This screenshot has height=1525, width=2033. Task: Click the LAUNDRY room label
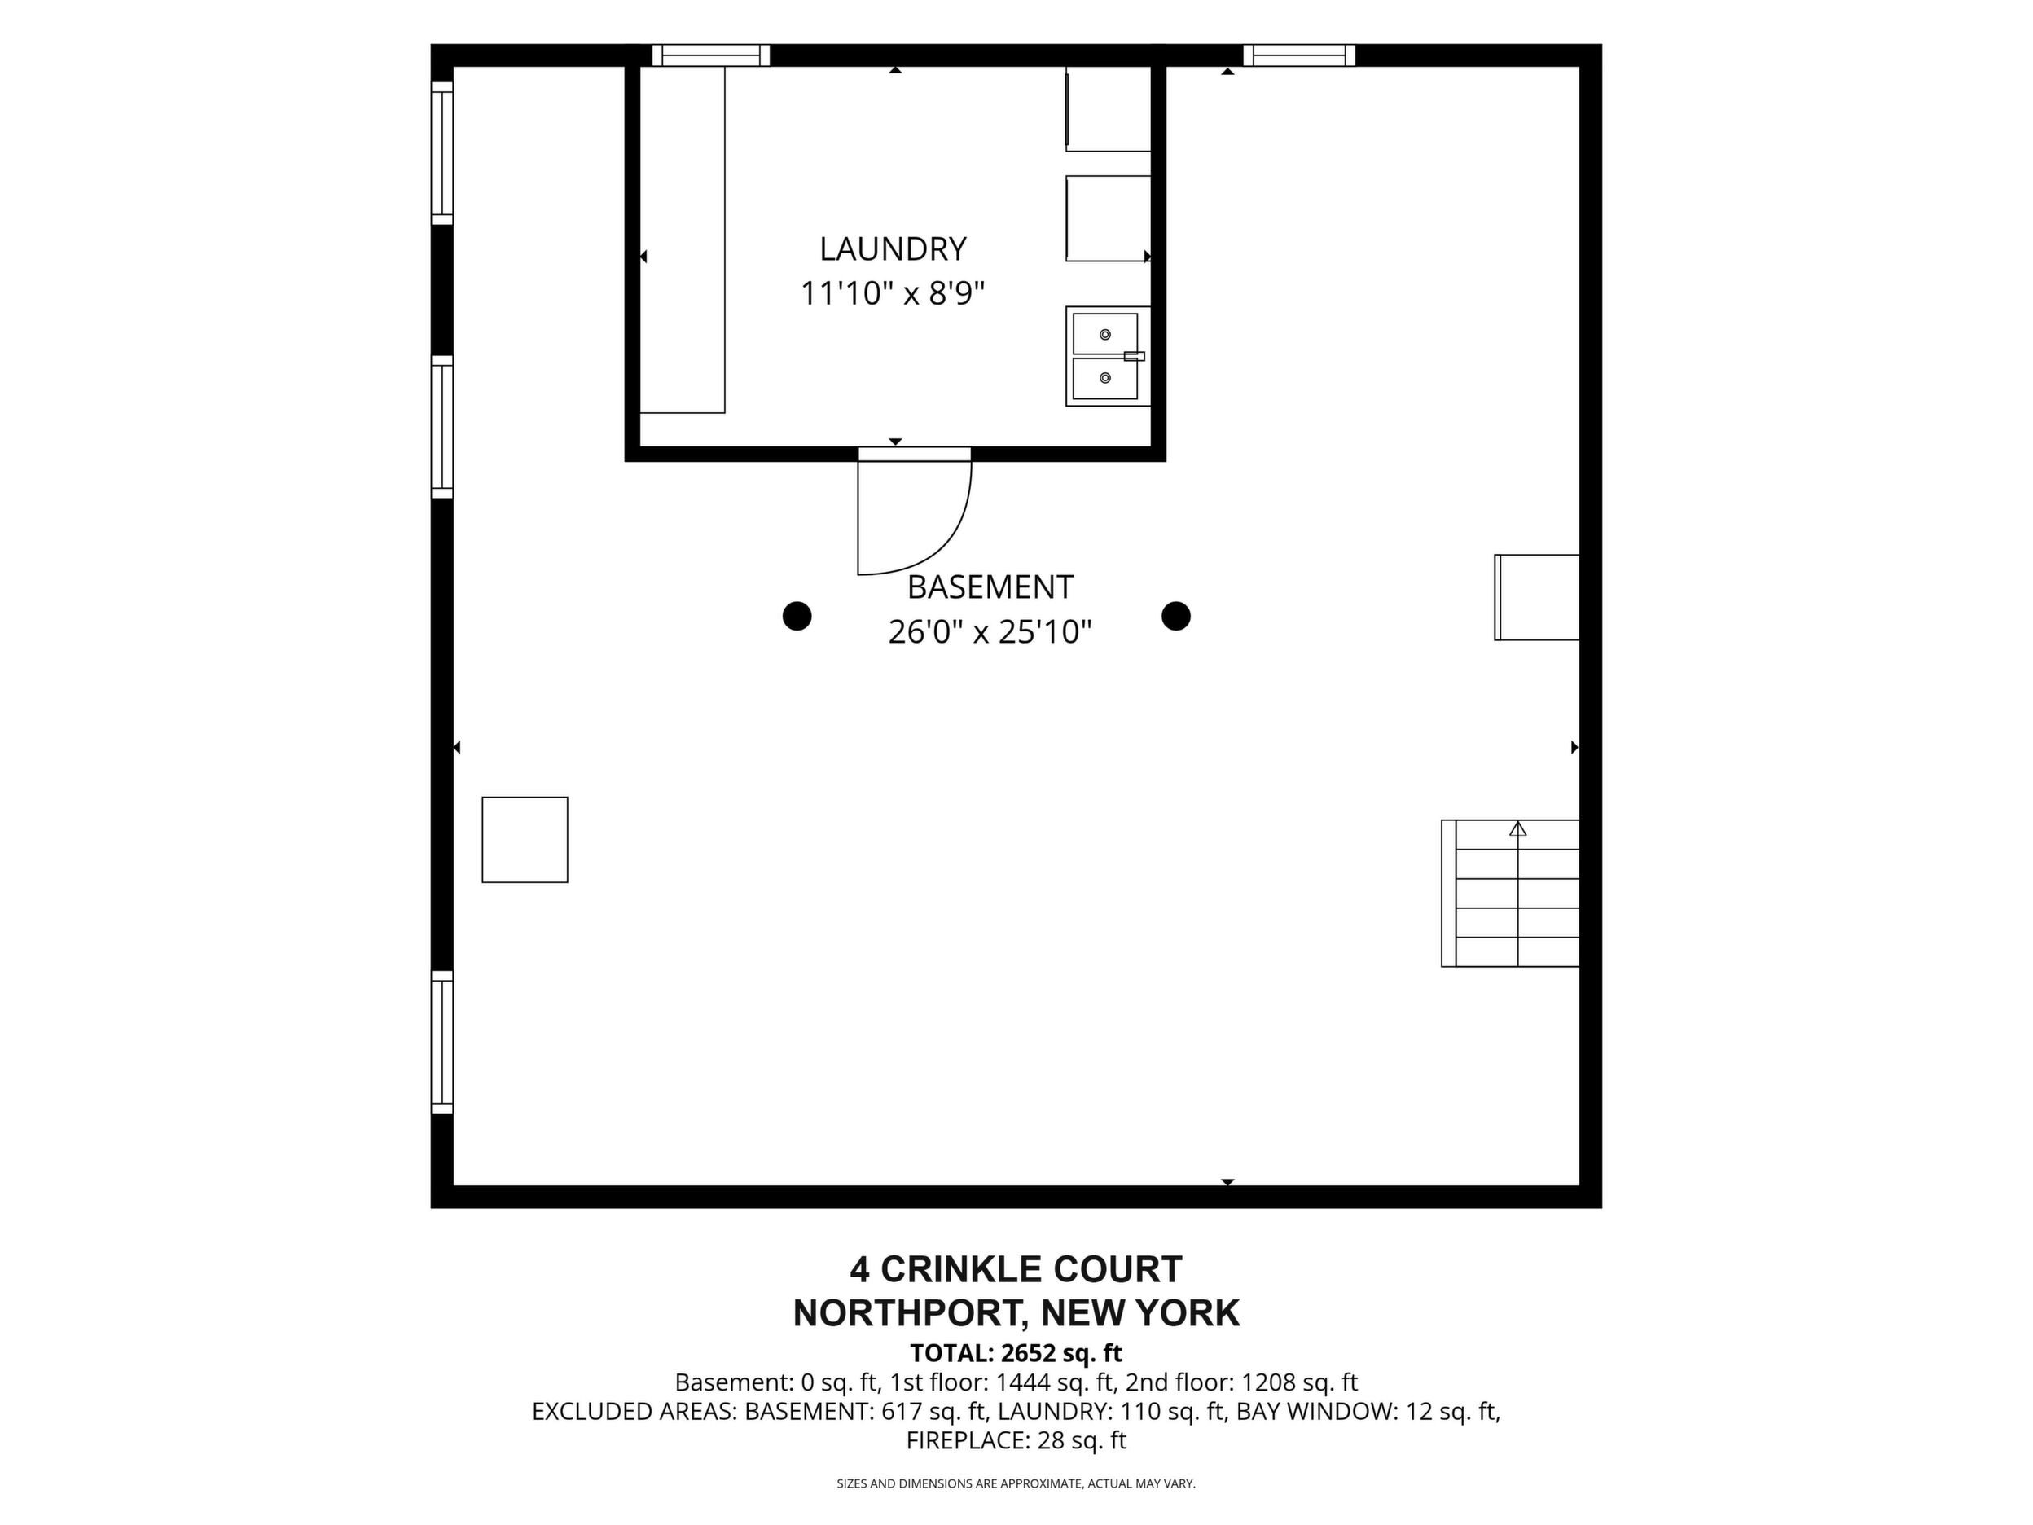click(893, 249)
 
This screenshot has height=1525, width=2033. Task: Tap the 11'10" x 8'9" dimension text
click(893, 294)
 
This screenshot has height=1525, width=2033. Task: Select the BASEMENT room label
click(990, 587)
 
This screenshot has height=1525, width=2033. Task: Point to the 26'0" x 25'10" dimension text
click(990, 632)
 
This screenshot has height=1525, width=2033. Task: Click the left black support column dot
click(797, 616)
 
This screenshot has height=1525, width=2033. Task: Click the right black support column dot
click(1175, 616)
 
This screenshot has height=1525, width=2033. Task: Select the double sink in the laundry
click(1108, 357)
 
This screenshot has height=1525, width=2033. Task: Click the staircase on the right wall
click(1510, 894)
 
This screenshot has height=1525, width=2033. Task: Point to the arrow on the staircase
click(1517, 829)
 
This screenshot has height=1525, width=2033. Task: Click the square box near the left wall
click(525, 840)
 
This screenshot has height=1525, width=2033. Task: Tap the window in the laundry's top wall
click(710, 55)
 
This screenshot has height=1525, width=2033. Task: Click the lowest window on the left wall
click(442, 1043)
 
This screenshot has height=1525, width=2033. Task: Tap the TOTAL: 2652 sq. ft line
click(1016, 1353)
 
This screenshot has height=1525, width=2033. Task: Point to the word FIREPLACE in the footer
click(967, 1440)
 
